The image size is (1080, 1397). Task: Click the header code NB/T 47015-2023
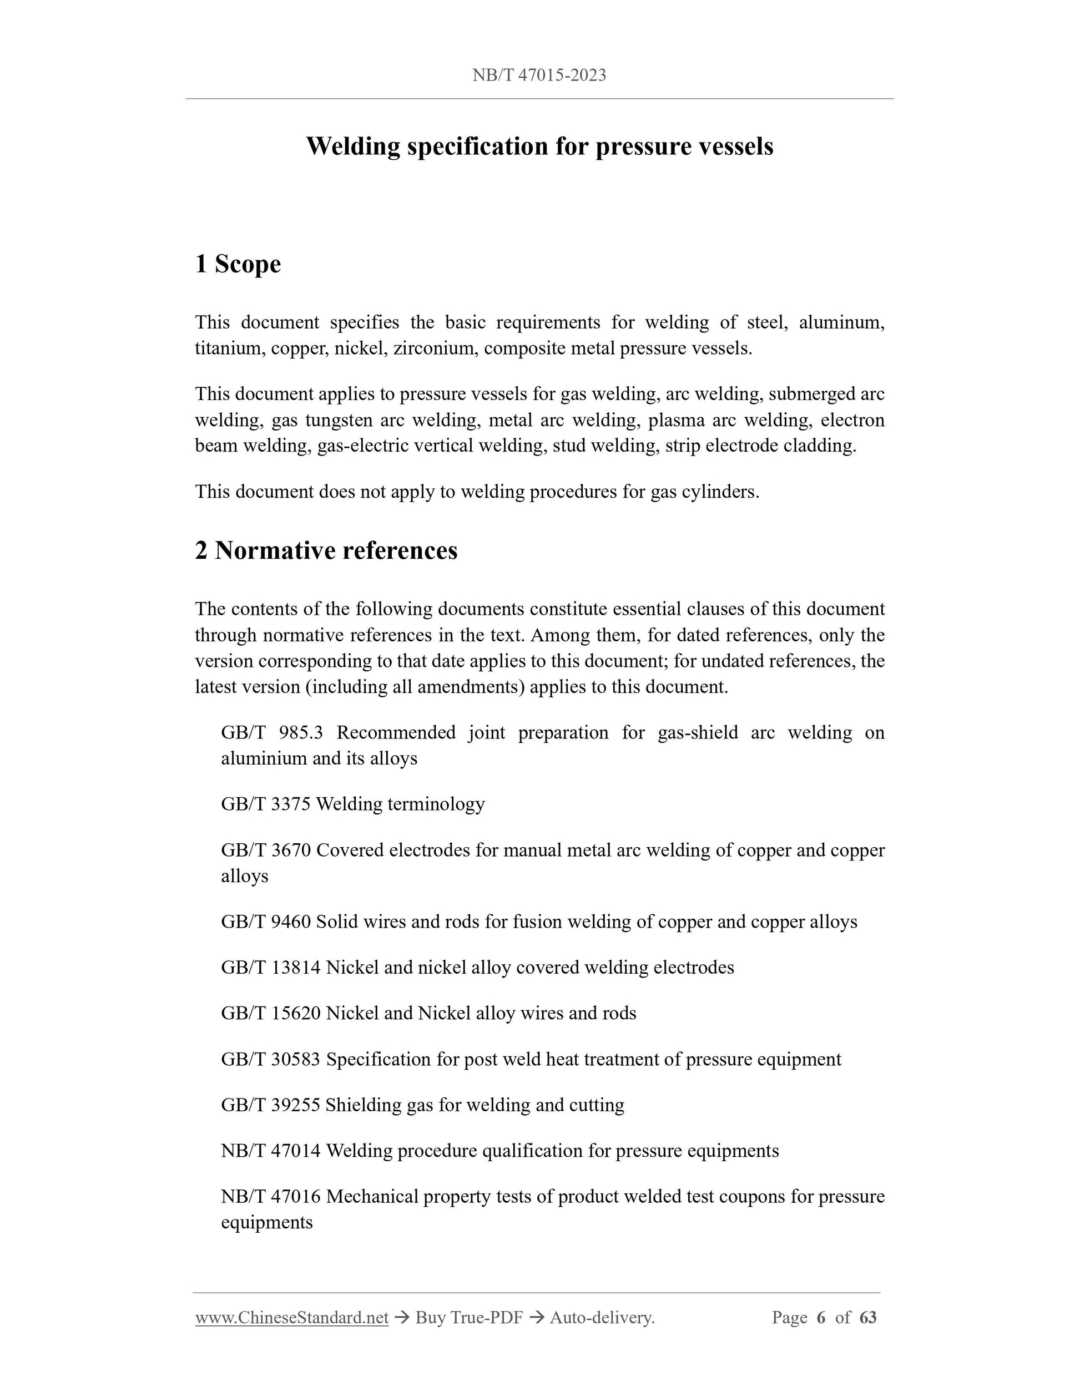click(539, 75)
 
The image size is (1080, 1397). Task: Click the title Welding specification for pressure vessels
click(539, 146)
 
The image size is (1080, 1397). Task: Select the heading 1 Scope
click(238, 264)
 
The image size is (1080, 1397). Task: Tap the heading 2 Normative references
click(326, 551)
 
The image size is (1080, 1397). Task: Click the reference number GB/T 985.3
click(272, 732)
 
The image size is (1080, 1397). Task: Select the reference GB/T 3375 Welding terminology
click(352, 804)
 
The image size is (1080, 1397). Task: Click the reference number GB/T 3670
click(265, 850)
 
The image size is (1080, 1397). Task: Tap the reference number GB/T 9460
click(265, 922)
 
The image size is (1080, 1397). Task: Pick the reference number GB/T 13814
click(271, 967)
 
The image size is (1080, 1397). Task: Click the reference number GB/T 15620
click(271, 1013)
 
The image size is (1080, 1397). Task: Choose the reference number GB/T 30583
click(271, 1059)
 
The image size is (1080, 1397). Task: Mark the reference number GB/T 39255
click(271, 1105)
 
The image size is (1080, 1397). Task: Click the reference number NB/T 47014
click(271, 1151)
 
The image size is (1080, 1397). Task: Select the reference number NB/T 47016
click(271, 1197)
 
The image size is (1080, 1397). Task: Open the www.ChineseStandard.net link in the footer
click(292, 1318)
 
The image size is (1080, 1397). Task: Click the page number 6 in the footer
click(821, 1318)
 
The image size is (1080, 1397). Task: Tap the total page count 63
click(867, 1318)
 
